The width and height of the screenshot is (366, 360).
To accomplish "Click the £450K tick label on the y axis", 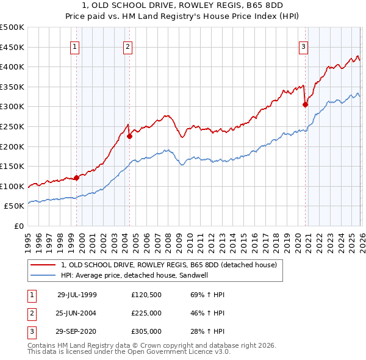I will click(x=12, y=47).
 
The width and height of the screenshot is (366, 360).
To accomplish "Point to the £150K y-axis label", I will click(x=12, y=166).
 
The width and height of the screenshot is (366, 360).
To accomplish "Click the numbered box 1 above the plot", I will click(x=74, y=46).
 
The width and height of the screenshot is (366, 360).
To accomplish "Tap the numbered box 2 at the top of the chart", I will click(x=127, y=46).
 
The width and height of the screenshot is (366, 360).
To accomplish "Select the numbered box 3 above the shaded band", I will click(x=303, y=46).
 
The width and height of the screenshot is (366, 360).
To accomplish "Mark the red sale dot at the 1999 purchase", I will click(x=77, y=178).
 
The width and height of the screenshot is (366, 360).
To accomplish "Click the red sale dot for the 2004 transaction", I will click(x=129, y=137).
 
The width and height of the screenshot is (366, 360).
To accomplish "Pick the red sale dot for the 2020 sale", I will click(x=305, y=105).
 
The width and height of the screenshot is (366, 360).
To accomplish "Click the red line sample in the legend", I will click(x=44, y=265).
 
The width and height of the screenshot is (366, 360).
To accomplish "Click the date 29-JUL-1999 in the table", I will click(x=77, y=295).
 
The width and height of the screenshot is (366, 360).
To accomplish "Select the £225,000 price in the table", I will click(x=146, y=314).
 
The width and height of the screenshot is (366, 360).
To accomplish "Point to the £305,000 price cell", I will click(x=146, y=333).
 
